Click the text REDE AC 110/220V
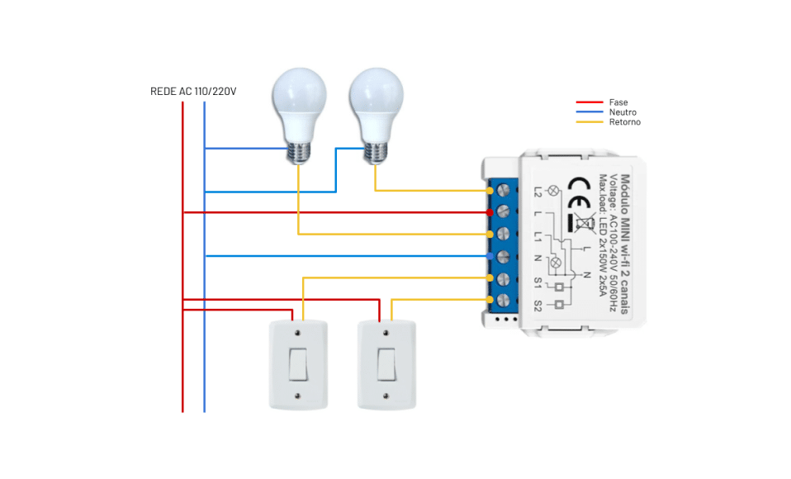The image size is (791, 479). (x=193, y=91)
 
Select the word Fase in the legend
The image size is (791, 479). (x=618, y=102)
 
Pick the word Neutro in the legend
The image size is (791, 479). (x=623, y=112)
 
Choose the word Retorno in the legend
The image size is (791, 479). (x=625, y=122)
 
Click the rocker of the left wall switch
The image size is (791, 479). (x=298, y=364)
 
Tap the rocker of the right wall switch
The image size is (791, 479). (x=386, y=364)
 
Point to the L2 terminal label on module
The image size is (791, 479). (x=538, y=191)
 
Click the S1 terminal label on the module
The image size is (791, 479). (x=538, y=282)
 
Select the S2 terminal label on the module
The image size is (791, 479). (x=538, y=304)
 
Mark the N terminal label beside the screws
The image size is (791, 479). (x=538, y=258)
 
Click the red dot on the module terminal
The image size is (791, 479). (x=490, y=212)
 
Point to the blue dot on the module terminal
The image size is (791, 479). (x=490, y=257)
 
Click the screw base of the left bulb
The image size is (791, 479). (x=299, y=151)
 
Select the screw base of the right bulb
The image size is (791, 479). (x=375, y=151)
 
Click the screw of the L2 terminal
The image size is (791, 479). (x=503, y=190)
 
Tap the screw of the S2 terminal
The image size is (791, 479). (x=503, y=301)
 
